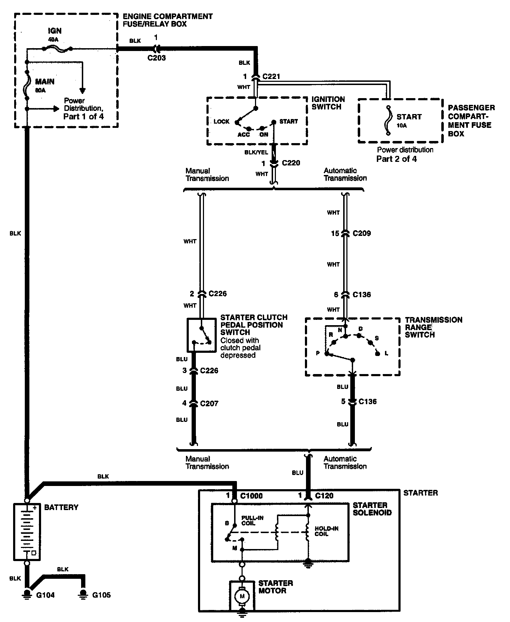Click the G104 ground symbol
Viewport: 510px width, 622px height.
point(27,594)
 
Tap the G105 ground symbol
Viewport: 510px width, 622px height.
point(83,594)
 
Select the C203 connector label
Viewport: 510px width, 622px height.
point(157,58)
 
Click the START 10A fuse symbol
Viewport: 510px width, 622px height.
point(388,120)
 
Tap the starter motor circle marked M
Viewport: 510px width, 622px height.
point(242,596)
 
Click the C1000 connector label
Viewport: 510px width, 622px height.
point(251,496)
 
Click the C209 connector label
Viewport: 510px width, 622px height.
point(362,233)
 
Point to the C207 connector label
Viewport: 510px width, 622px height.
point(209,403)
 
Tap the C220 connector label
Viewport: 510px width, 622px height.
point(291,163)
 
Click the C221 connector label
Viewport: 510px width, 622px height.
point(271,76)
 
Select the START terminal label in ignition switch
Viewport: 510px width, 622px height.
point(289,121)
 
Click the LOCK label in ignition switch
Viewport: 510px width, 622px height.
point(222,121)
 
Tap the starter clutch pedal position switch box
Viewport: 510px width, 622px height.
point(201,335)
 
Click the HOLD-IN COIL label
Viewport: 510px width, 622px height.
point(327,531)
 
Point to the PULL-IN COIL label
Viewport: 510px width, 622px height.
point(252,520)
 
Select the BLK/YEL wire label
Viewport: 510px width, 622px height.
point(256,152)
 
